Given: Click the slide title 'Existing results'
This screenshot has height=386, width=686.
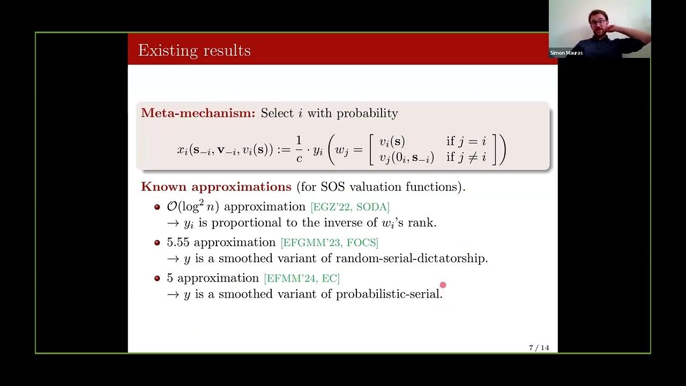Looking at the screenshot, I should coord(194,50).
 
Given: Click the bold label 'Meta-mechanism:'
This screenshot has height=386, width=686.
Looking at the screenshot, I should coord(198,113).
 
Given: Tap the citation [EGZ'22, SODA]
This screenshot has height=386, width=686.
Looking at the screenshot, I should coord(350,207).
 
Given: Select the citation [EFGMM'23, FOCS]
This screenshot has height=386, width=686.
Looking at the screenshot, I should coord(329,243).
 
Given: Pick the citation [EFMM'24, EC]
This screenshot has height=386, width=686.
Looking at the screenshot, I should coord(302,278).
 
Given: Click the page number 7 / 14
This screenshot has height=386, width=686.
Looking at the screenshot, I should coord(539,348).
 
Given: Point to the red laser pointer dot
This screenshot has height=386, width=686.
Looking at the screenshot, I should coord(443,285).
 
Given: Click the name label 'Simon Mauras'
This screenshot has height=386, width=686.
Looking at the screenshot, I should coord(566,53).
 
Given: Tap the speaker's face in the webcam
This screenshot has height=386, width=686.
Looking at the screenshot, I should coord(599,21).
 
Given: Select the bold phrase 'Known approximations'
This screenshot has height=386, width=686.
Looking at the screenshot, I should coord(216,187).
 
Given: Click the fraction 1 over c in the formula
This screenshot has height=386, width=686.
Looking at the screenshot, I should coord(299,150).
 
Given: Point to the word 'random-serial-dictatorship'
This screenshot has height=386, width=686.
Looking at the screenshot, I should coord(411,258).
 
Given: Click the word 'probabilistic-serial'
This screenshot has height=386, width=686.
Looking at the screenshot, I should coord(388,294).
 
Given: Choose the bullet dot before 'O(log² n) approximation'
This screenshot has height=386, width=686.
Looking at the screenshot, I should coord(157,207).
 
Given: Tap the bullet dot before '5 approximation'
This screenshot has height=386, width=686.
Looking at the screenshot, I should coord(157,278).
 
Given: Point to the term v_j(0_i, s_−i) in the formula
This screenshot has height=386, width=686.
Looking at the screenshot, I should coord(407,158).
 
